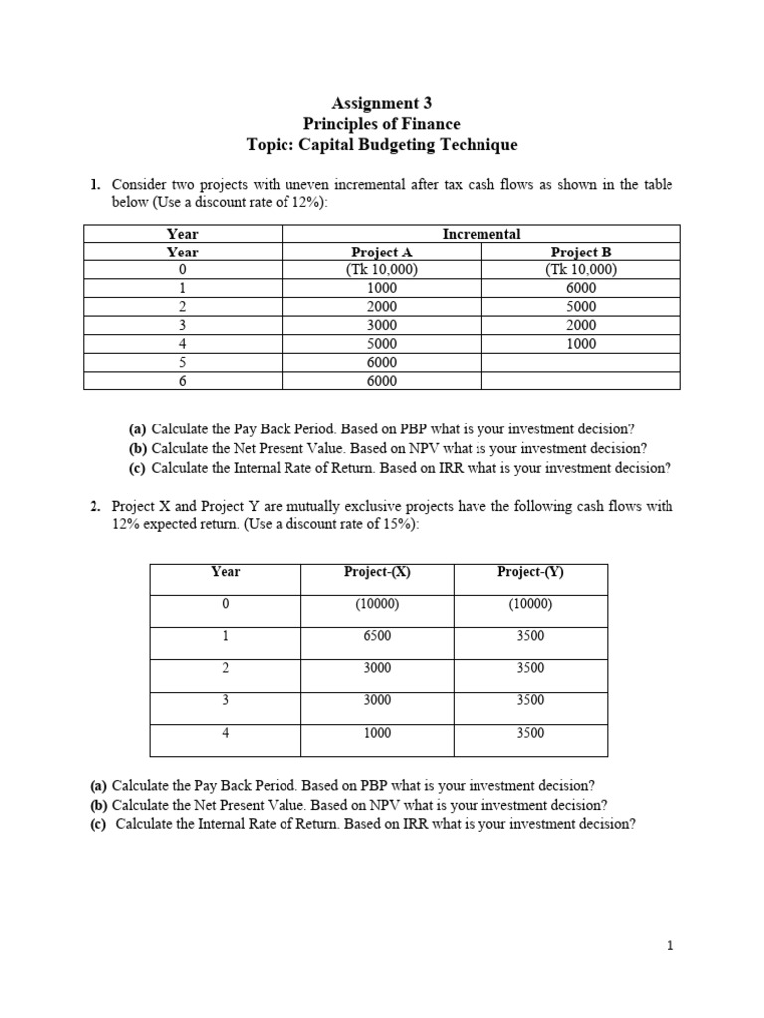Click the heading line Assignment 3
[382, 102]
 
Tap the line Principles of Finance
[382, 123]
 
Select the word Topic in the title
[269, 145]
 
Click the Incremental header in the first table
[481, 234]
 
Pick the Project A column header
[382, 253]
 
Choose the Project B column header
[581, 253]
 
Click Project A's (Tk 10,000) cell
[382, 270]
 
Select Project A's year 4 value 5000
[382, 344]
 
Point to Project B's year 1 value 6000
[581, 288]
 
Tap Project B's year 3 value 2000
[581, 325]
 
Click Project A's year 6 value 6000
[382, 380]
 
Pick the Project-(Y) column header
[530, 572]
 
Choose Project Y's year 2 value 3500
[530, 668]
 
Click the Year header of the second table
[226, 572]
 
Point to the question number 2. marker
[96, 506]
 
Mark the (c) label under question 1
[138, 467]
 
